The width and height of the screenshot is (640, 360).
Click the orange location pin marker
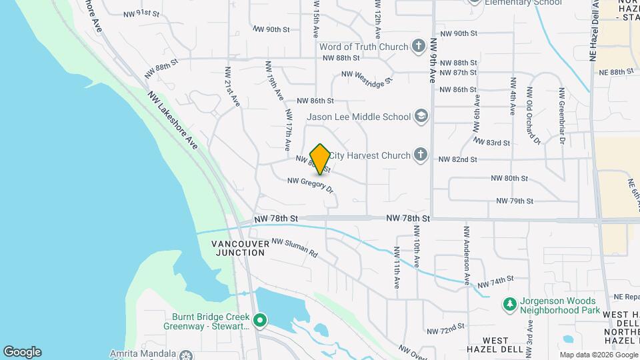pos(320,159)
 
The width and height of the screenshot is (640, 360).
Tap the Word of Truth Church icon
pos(418,47)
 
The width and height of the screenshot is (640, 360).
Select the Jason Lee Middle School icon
pos(421,117)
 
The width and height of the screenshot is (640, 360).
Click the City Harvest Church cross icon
pos(420,155)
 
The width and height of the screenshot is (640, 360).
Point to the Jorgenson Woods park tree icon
pos(510,304)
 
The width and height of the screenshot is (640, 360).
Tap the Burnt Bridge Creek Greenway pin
pos(261,321)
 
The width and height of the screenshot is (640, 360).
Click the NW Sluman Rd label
pos(294,248)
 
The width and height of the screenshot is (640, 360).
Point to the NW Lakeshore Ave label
pos(173,120)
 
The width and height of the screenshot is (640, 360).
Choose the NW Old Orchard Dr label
pos(531,115)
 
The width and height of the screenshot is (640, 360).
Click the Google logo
pos(22,352)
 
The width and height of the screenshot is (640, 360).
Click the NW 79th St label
pos(515,201)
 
